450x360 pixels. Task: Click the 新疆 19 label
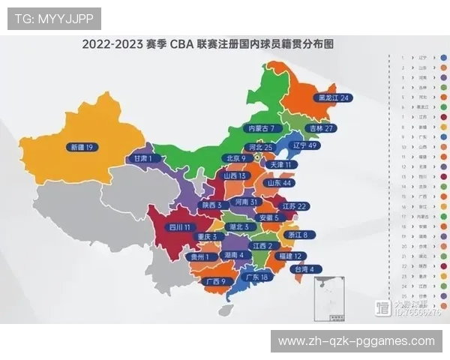tap(79, 148)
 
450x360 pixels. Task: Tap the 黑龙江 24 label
tap(333, 98)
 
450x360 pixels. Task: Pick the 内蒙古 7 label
tap(265, 128)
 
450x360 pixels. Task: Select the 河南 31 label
tap(246, 202)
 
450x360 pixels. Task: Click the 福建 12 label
tap(288, 256)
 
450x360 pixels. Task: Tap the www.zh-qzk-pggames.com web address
tap(356, 341)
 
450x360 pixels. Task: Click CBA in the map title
tap(182, 44)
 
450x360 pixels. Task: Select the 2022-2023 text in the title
tap(112, 44)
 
